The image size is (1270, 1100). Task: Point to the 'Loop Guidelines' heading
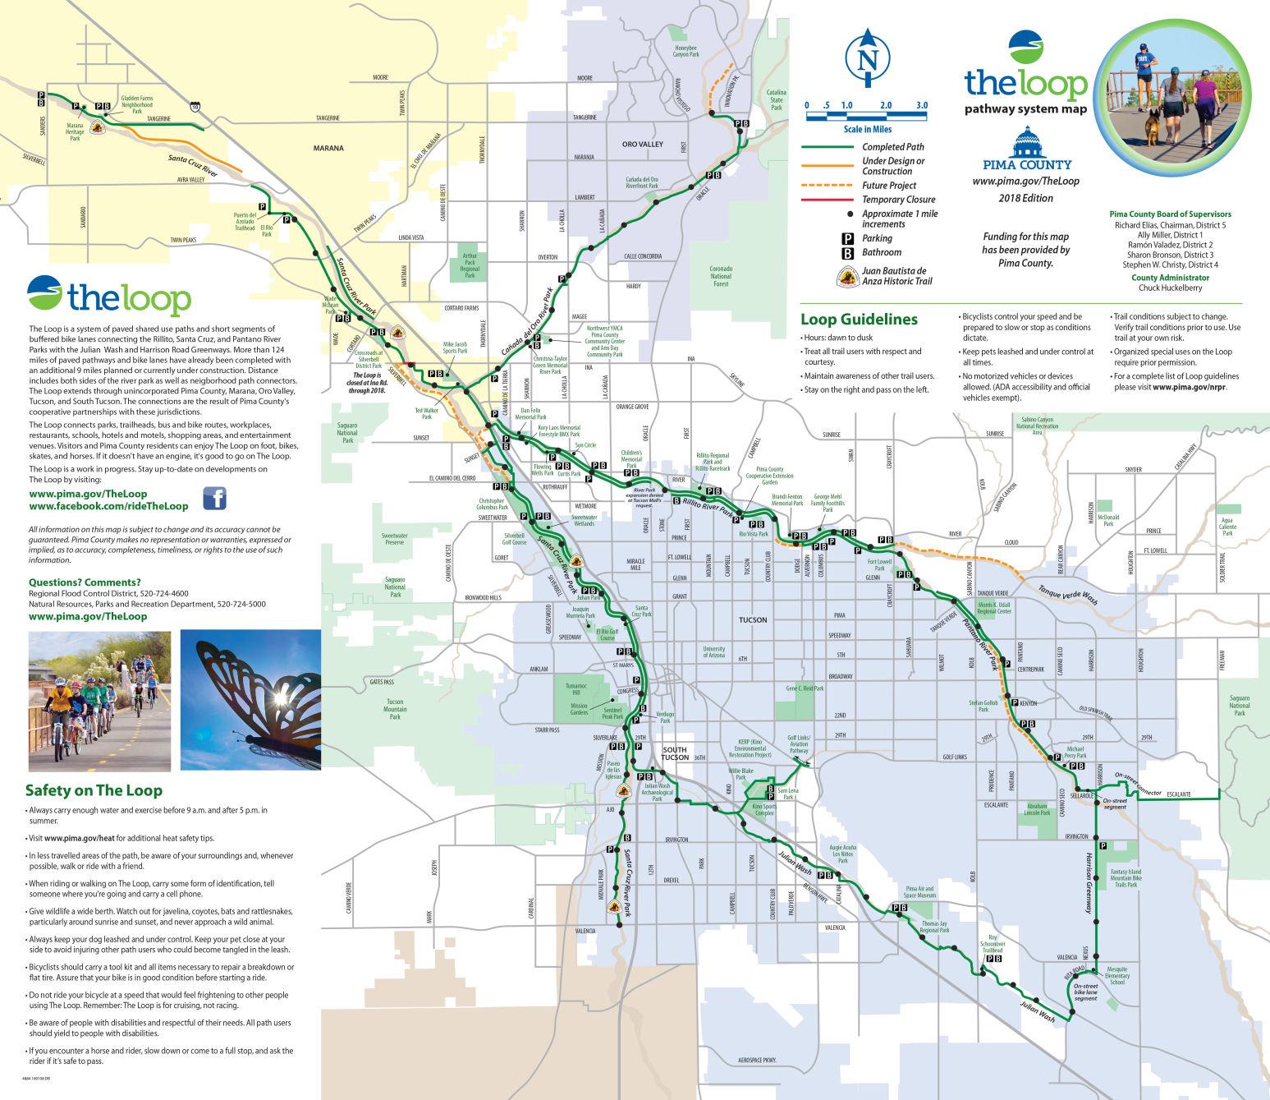(x=859, y=320)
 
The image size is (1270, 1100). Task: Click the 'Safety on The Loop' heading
(x=94, y=790)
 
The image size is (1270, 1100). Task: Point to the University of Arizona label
(x=714, y=651)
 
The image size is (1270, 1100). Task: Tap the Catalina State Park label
(x=776, y=99)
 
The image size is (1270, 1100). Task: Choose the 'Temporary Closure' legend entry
(x=898, y=200)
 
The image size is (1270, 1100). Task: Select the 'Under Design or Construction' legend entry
(x=892, y=166)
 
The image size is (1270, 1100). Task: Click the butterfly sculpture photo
(x=250, y=699)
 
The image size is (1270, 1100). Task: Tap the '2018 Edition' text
(x=1025, y=198)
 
